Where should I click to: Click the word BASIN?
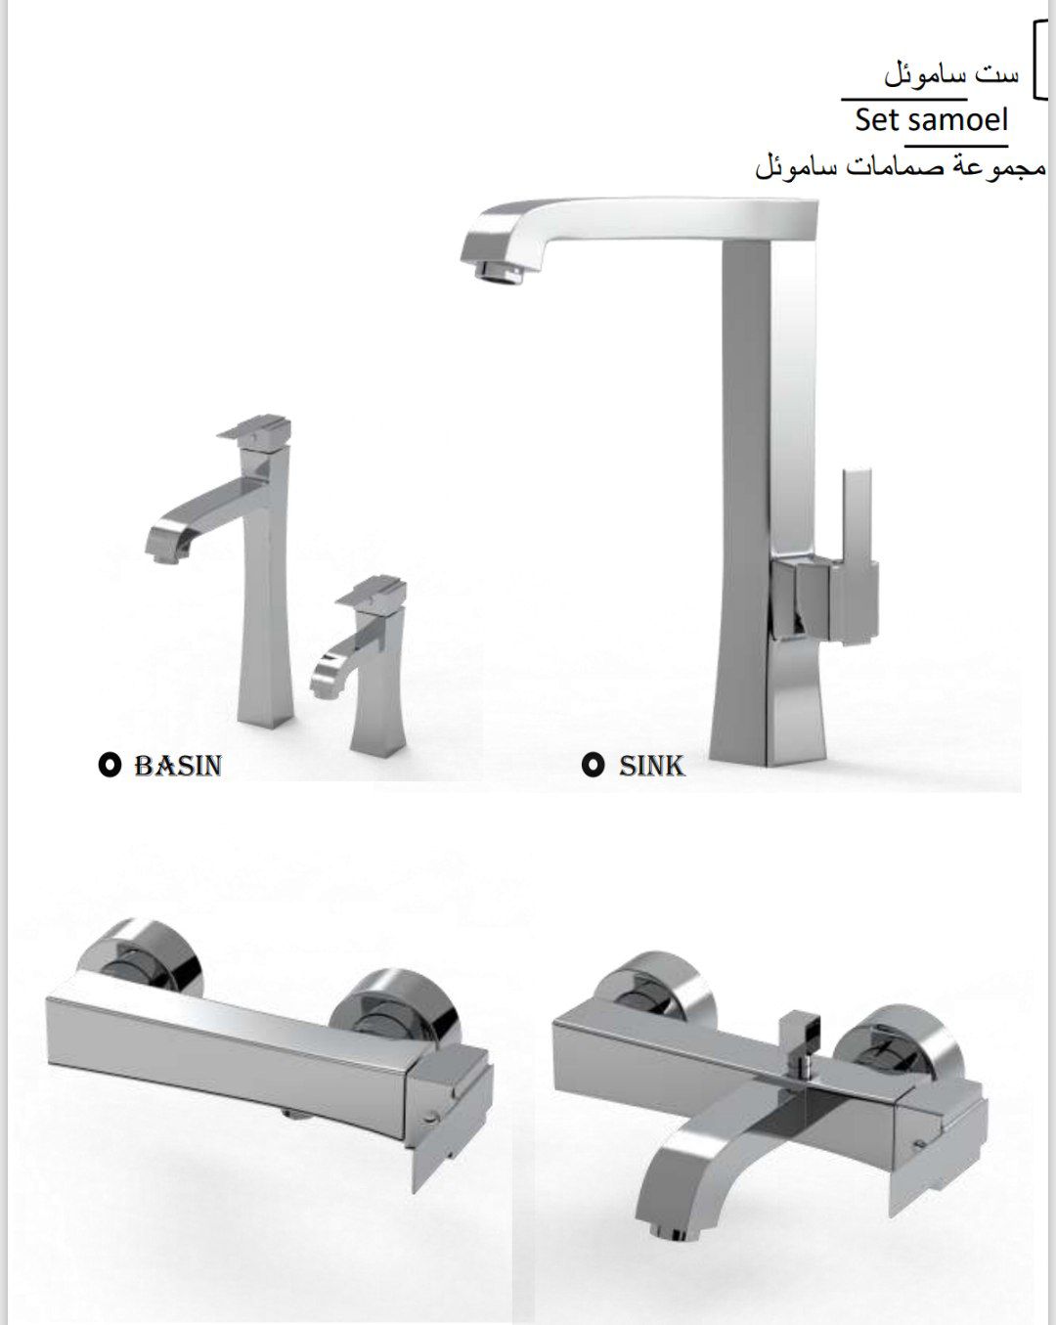tap(178, 766)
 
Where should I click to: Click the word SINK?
tap(651, 766)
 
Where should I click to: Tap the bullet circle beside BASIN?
tap(110, 766)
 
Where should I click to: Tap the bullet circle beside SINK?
tap(593, 766)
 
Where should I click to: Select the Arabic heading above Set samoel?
tap(952, 75)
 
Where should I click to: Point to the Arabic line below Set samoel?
tap(901, 166)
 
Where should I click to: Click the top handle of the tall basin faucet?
tap(254, 428)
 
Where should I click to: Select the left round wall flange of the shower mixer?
tap(141, 958)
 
